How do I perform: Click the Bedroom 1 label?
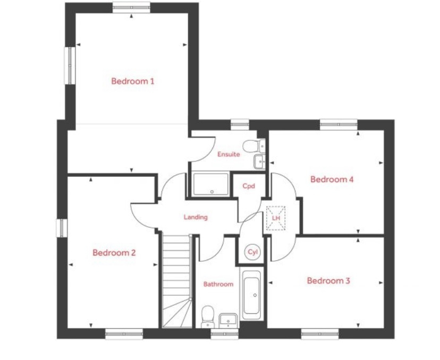pos(133,81)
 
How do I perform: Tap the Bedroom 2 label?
pos(114,253)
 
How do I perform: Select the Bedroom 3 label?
pos(328,281)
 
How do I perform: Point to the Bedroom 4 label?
pos(332,179)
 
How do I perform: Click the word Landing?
pos(196,217)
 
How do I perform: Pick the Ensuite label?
pos(229,154)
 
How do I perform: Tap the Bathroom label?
pos(218,284)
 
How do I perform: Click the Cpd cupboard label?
pos(249,186)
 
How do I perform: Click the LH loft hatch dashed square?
pos(276,218)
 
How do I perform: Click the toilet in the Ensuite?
pos(253,146)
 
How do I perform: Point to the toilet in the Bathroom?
pos(208,317)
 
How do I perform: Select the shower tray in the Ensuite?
pos(211,184)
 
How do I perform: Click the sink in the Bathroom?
pos(228,321)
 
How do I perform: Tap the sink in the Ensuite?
pos(259,161)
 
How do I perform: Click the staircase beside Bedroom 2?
pos(177,281)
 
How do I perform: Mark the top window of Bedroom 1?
pos(131,7)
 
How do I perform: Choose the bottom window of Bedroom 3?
pos(320,333)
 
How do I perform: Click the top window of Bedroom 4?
pos(339,125)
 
